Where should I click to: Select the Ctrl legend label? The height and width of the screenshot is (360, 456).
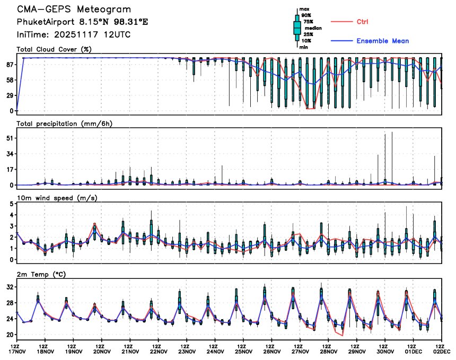tap(363, 22)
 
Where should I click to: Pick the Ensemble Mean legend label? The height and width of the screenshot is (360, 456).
tap(382, 41)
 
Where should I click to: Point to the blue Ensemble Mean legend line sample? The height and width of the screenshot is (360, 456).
tap(341, 41)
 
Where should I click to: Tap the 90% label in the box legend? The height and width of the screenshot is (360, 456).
tap(307, 15)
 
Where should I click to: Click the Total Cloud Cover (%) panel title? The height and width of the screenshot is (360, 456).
tap(55, 49)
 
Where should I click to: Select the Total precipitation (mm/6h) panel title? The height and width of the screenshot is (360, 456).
tap(65, 124)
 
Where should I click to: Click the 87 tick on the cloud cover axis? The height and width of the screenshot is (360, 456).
tap(9, 65)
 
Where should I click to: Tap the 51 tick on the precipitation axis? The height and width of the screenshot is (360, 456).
tap(9, 138)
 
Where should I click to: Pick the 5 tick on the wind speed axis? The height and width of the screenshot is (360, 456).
tap(11, 215)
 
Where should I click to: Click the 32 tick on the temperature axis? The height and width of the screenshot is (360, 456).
tap(9, 287)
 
